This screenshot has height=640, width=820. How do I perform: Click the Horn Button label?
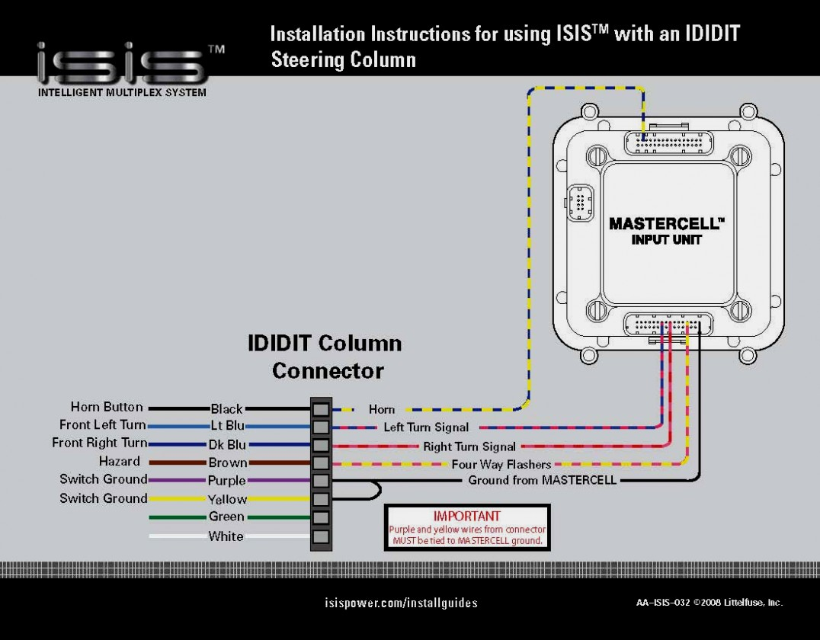click(x=107, y=407)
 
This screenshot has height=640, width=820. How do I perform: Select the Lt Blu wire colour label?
click(x=227, y=426)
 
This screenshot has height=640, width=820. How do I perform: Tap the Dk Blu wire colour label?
click(x=227, y=444)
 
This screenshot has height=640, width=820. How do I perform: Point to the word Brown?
click(x=228, y=462)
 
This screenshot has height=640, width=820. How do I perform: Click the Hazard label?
click(x=119, y=461)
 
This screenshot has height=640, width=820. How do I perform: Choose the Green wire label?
click(x=226, y=517)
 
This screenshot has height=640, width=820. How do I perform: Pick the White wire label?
click(x=226, y=536)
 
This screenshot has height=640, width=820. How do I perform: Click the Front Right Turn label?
click(x=99, y=443)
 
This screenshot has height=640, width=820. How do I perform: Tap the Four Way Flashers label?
click(x=501, y=464)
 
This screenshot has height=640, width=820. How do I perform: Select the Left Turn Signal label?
click(x=426, y=427)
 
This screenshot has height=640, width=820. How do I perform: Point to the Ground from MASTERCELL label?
click(x=542, y=480)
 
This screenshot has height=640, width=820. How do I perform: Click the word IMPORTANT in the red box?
click(x=466, y=516)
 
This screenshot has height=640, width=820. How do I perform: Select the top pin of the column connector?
click(x=321, y=408)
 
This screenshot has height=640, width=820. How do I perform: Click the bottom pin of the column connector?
click(x=321, y=536)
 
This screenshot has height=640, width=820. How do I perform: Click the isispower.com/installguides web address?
click(x=401, y=603)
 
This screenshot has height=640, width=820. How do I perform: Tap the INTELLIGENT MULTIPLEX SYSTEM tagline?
click(x=122, y=93)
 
